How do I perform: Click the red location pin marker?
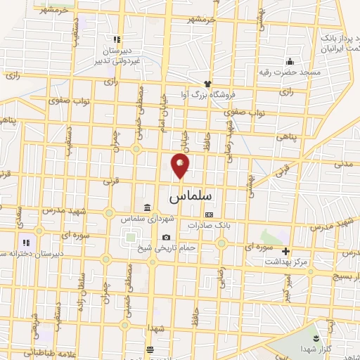181,165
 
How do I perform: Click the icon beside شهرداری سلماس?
147,208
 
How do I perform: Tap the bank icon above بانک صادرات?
208,214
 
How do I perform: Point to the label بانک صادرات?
208,225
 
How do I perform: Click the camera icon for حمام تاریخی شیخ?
167,237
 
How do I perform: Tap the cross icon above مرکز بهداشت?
285,251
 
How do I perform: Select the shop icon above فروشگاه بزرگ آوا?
207,84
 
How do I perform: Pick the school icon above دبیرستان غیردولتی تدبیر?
117,39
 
